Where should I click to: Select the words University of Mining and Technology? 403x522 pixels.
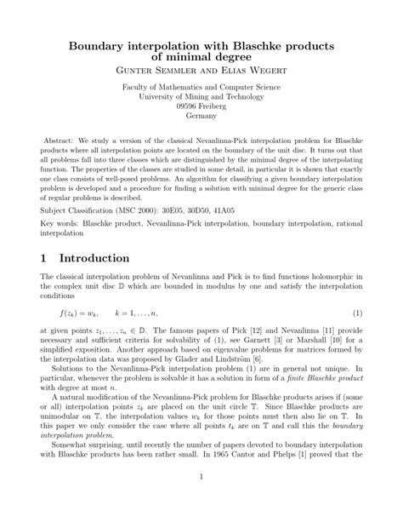(x=201, y=97)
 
